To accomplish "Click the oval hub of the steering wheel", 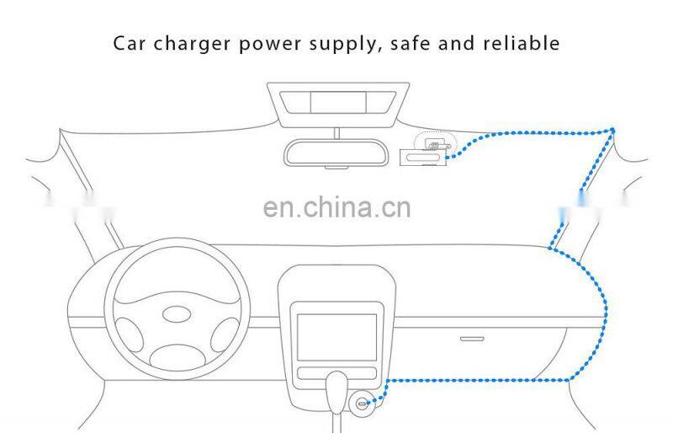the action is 177,313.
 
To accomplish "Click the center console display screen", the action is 337,334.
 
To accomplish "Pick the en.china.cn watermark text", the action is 336,206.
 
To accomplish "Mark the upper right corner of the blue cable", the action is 612,130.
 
